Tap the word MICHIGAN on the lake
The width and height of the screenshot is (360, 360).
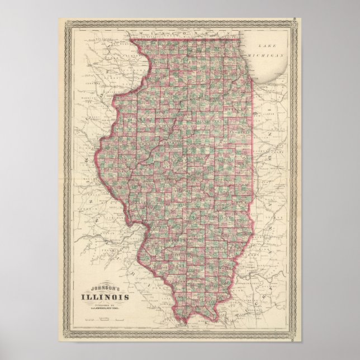(270, 56)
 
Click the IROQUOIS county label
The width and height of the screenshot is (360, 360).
(241, 134)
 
